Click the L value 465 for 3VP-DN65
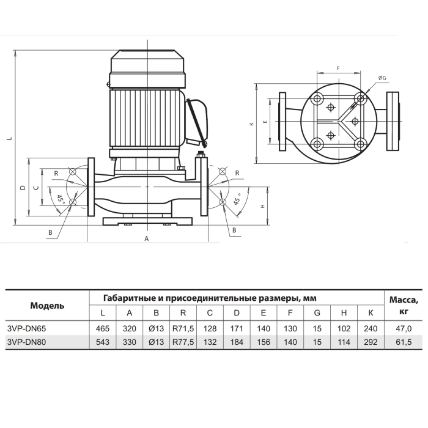pos(102,328)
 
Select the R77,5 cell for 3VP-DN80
pos(183,342)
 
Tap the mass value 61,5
pos(404,342)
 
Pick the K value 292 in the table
pos(371,342)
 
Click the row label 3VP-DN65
pos(26,328)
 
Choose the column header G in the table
pos(317,313)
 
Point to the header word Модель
pos(47,306)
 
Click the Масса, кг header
pos(404,306)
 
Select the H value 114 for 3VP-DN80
pos(344,342)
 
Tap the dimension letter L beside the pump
pos(10,138)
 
